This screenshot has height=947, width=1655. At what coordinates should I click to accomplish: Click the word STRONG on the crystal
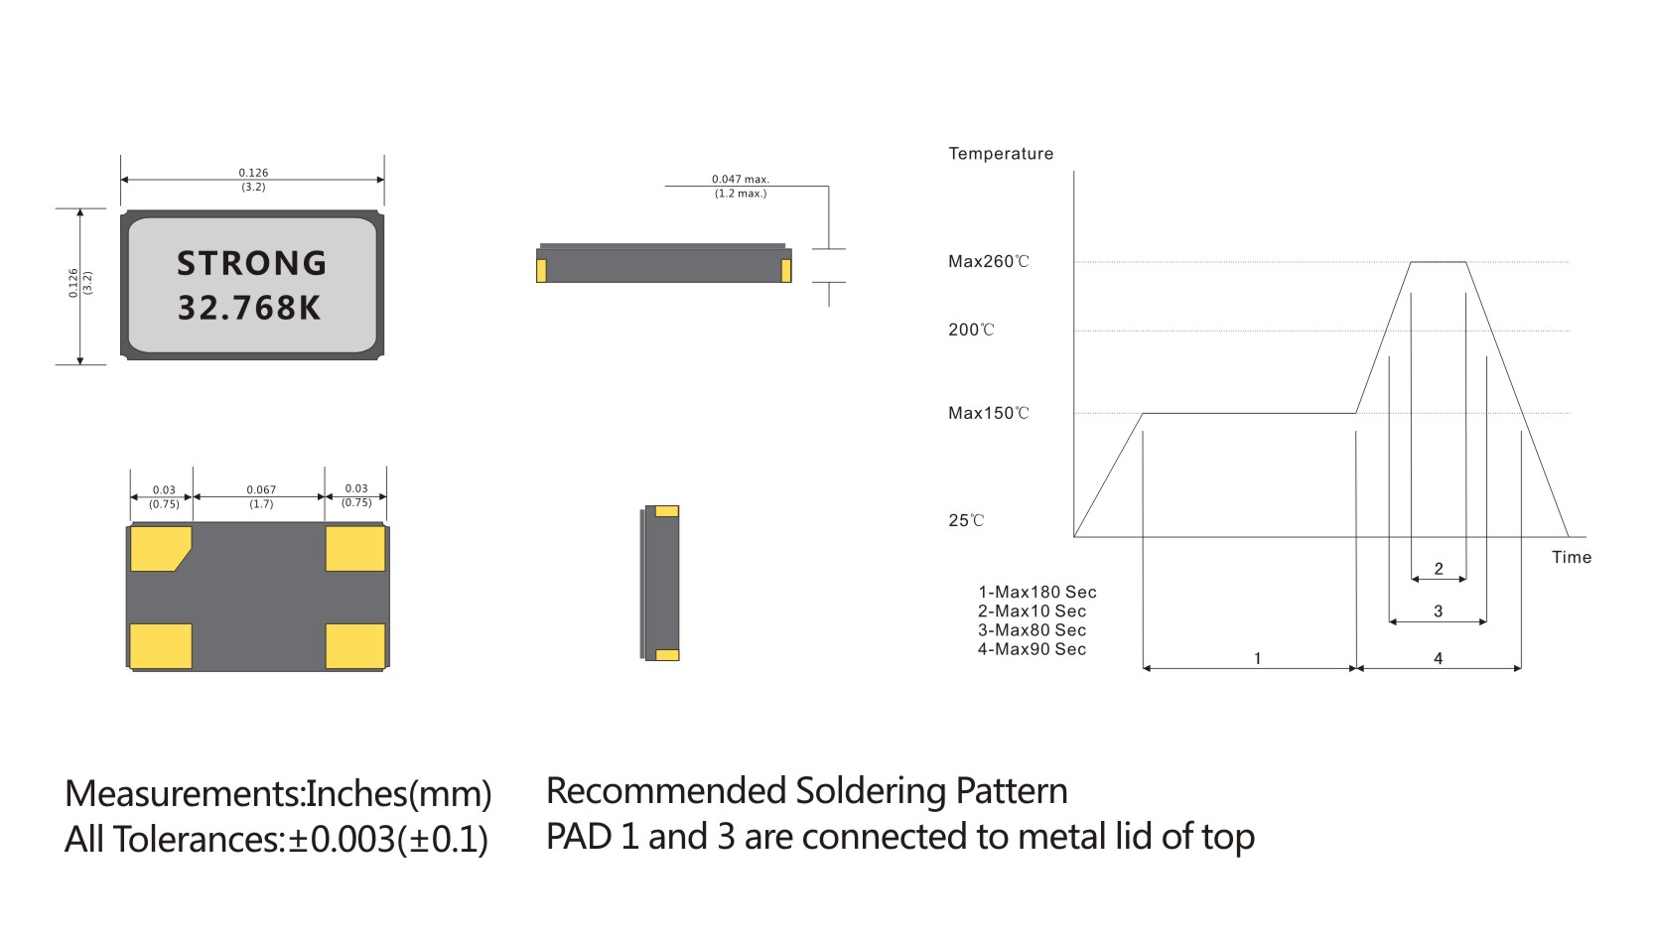251,263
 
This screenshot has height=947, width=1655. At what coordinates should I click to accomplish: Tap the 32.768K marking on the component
249,308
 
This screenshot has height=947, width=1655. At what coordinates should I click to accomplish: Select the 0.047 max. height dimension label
741,186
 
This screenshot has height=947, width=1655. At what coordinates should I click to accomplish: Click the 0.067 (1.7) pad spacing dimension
261,496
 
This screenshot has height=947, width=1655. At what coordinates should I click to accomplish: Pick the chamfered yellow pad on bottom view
159,548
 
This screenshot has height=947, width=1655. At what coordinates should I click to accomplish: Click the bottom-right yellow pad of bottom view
355,645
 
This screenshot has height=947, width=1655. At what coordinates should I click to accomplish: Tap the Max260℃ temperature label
988,262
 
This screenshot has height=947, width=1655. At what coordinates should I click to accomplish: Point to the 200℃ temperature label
971,330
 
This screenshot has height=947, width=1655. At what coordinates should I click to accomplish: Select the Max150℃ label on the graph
988,413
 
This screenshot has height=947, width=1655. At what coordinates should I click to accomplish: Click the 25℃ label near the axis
966,520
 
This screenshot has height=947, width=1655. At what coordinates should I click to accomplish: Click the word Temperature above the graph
1000,154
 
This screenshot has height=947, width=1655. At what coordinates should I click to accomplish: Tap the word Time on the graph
1571,557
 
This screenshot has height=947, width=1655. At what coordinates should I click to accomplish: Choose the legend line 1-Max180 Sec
1036,592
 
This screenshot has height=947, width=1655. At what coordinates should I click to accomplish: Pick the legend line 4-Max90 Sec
1032,649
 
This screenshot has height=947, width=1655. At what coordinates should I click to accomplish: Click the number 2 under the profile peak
1439,569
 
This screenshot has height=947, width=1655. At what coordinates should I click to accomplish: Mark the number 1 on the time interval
1257,658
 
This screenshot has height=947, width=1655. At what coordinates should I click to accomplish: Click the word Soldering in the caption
871,791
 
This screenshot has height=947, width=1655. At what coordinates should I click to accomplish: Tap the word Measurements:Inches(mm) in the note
278,794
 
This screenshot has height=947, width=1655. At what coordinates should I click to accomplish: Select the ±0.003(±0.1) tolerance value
387,840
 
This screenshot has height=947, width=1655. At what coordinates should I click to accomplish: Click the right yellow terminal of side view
786,270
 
